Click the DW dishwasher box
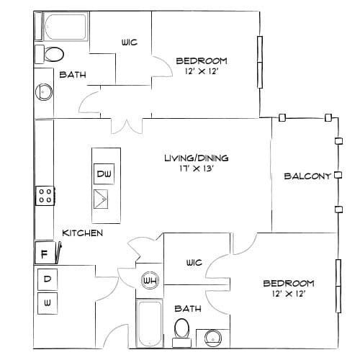(x=104, y=174)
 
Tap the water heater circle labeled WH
(x=150, y=280)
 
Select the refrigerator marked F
(x=45, y=253)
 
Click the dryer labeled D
(x=48, y=279)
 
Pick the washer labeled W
(x=48, y=303)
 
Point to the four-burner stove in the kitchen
(x=45, y=196)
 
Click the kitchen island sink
(x=101, y=199)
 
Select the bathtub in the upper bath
(x=66, y=27)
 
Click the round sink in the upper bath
(x=44, y=91)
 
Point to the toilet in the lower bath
(x=182, y=333)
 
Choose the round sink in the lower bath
(x=213, y=338)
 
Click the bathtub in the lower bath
(x=150, y=323)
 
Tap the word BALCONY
(x=307, y=176)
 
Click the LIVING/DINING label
(x=197, y=158)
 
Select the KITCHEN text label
(x=83, y=233)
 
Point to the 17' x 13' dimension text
(x=197, y=168)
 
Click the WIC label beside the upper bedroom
(x=130, y=42)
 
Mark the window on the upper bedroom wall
(x=260, y=62)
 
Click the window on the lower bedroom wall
(x=338, y=286)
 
